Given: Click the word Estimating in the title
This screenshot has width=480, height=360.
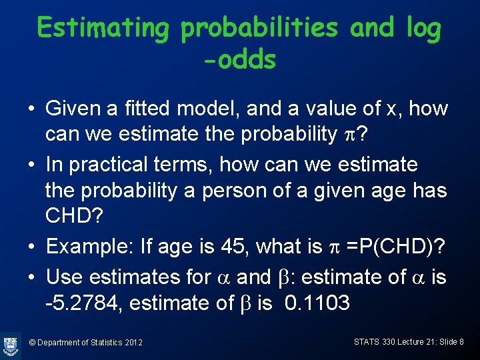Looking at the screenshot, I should point(104,29).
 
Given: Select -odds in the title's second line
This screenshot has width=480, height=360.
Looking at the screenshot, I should point(239,60).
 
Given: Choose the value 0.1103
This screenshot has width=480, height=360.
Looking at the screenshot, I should point(317,303).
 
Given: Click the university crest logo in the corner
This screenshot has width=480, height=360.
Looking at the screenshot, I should point(11,345).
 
